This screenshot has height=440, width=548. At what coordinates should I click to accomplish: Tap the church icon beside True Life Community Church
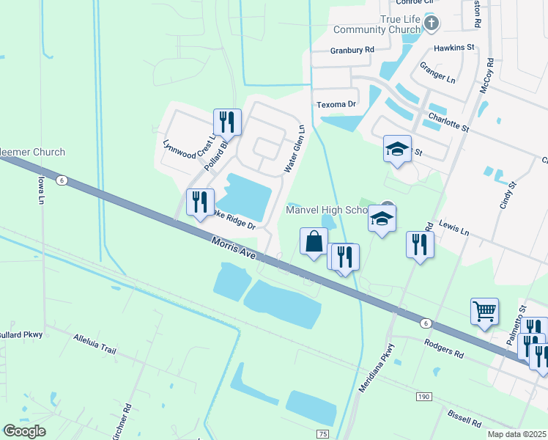click(432, 23)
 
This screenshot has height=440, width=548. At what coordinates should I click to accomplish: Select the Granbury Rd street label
click(352, 51)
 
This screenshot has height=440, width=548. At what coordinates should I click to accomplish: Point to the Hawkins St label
click(454, 47)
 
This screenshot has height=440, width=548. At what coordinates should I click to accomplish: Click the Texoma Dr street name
click(336, 105)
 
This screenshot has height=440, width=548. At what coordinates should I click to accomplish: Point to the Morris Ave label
click(234, 248)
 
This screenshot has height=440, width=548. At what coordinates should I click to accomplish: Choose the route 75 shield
click(323, 434)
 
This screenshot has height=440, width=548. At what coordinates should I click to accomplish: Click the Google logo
click(24, 431)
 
